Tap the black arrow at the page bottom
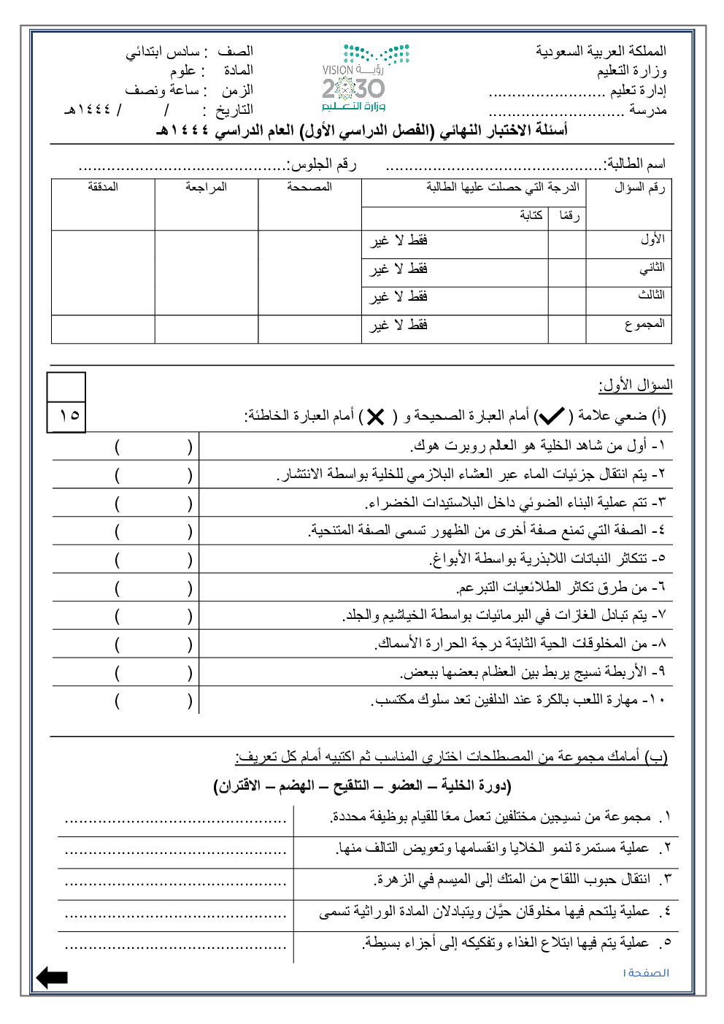pos(52,977)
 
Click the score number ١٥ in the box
pos(69,415)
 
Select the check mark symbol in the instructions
pos(551,416)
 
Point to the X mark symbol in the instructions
pos(375,417)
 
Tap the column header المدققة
pos(103,187)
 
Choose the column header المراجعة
pos(206,187)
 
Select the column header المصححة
pos(309,187)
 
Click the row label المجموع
pos(644,323)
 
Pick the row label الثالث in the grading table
pos(651,295)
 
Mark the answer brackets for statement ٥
pos(153,560)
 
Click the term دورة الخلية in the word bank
pos(476,785)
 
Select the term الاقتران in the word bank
pos(237,785)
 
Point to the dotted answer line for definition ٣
pos(175,882)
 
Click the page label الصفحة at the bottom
pos(647,973)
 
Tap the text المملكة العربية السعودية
pos(601,51)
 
